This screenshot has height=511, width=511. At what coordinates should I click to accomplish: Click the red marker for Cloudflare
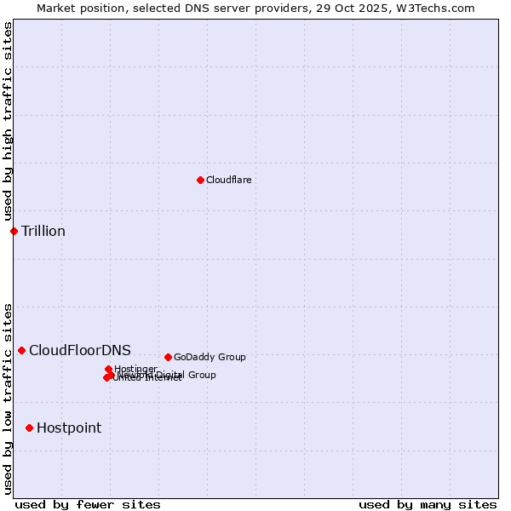click(x=200, y=180)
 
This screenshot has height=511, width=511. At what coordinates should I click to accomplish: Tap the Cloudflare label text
click(x=228, y=180)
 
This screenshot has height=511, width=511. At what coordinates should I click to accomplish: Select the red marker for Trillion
click(x=14, y=231)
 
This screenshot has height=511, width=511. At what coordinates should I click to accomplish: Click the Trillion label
click(x=43, y=232)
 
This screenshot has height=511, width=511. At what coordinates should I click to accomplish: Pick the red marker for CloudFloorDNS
click(x=21, y=350)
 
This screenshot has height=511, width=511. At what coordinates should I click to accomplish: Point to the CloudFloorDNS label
click(x=80, y=351)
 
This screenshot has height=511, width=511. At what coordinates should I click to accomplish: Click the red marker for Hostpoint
click(x=29, y=428)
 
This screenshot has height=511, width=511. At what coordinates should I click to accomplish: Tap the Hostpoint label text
click(x=69, y=428)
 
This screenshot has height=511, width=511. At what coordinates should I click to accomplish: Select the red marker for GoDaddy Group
click(x=168, y=357)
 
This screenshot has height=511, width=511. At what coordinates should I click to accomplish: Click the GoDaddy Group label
click(x=210, y=358)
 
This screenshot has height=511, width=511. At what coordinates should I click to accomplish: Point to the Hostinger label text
click(x=135, y=369)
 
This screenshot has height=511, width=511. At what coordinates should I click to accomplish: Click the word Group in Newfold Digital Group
click(x=201, y=375)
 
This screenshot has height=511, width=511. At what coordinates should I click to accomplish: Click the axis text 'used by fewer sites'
click(x=88, y=504)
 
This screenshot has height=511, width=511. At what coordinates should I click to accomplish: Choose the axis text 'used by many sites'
click(x=428, y=504)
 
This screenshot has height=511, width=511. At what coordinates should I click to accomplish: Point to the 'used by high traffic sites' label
click(x=8, y=121)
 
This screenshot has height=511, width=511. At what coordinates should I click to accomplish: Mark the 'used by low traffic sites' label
click(x=8, y=399)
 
